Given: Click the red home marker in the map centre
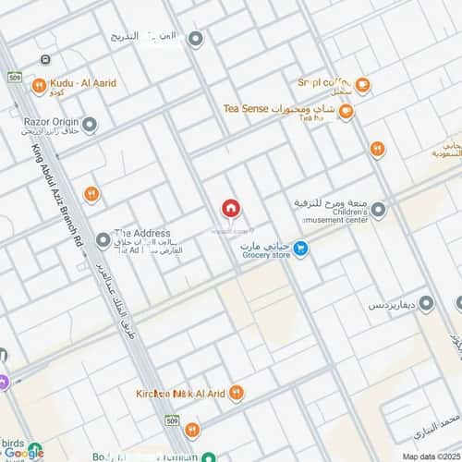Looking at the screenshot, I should coord(230,209).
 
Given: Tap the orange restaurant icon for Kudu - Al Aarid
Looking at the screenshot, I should coord(38,88).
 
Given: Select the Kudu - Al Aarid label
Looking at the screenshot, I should coord(84,83).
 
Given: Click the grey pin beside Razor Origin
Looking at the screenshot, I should coord(90,123).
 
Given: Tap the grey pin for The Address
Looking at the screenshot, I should coord(103,240).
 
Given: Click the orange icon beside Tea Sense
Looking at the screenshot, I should coord(346,112).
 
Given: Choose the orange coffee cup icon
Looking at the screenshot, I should coord(363,85).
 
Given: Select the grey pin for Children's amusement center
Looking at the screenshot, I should coord(379,211).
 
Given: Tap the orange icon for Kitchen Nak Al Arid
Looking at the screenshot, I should coord(236,394).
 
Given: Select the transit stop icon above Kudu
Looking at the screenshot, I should coord(43,61).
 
